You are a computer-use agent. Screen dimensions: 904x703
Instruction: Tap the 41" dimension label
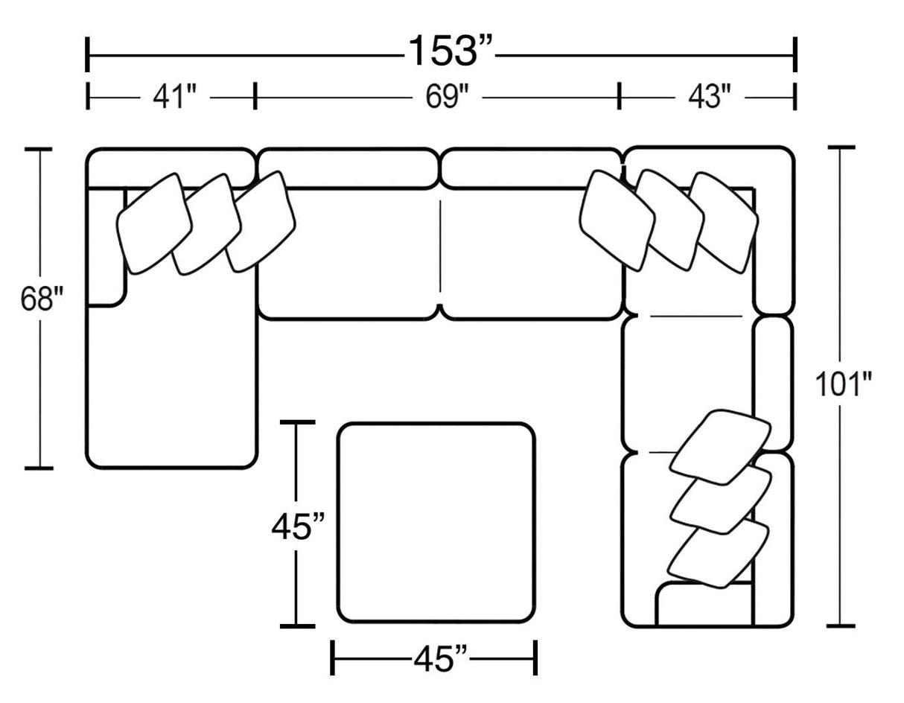(x=174, y=98)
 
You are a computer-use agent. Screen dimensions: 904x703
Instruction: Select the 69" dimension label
(x=447, y=98)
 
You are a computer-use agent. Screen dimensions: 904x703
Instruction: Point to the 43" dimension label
(x=710, y=98)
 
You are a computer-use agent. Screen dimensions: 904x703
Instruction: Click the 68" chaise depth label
(x=42, y=299)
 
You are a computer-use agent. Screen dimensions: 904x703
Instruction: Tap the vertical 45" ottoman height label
(x=298, y=528)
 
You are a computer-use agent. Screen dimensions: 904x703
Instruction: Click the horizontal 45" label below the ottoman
(x=441, y=659)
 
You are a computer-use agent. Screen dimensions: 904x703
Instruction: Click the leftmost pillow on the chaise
(x=154, y=224)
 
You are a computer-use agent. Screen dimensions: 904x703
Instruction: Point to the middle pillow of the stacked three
(x=721, y=500)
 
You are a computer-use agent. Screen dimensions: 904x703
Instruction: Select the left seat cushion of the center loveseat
(x=348, y=255)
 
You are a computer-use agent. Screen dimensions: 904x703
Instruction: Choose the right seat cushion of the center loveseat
(x=532, y=255)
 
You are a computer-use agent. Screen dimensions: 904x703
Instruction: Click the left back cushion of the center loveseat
(x=348, y=168)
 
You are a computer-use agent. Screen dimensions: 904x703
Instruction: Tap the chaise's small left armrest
(x=106, y=247)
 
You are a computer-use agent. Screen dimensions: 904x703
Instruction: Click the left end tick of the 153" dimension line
(x=87, y=54)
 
